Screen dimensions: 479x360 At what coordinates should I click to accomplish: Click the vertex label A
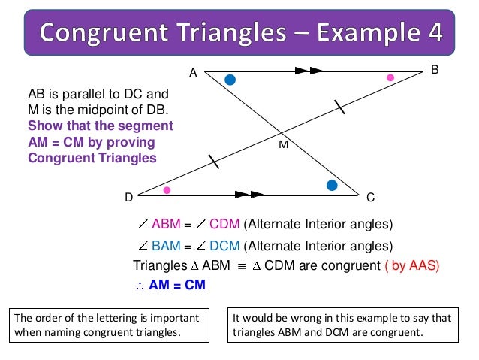[x=193, y=73]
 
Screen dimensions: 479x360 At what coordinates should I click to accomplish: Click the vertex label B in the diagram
[x=435, y=69]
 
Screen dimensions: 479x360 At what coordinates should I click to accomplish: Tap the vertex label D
[x=128, y=198]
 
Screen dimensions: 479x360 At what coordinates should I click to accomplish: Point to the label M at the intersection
[x=283, y=144]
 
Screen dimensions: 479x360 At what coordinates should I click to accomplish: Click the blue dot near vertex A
[x=230, y=80]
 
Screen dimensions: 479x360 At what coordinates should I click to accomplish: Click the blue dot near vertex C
[x=331, y=184]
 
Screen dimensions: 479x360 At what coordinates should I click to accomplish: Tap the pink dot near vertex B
[x=390, y=77]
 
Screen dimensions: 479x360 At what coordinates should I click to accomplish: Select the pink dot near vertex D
[x=167, y=190]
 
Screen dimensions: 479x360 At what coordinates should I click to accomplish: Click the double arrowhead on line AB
[x=309, y=71]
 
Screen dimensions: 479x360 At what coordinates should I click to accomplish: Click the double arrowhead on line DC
[x=249, y=194]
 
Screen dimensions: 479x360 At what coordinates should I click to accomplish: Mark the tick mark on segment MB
[x=340, y=107]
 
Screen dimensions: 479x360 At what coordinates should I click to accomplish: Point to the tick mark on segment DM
[x=214, y=161]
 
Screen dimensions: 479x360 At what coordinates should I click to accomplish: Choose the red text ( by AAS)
[x=411, y=265]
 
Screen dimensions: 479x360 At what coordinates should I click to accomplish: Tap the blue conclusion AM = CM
[x=177, y=286]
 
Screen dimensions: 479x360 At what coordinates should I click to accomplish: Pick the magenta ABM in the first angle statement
[x=166, y=224]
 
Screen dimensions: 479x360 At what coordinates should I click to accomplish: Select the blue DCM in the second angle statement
[x=225, y=245]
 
